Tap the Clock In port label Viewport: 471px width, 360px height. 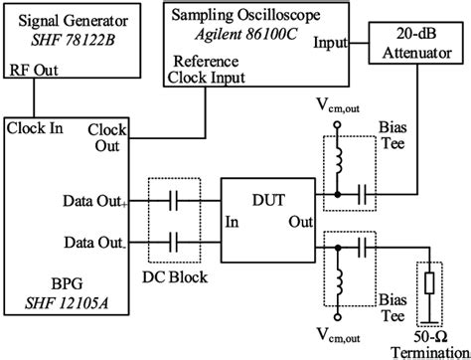36,128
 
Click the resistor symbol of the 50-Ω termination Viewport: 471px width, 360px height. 430,284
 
